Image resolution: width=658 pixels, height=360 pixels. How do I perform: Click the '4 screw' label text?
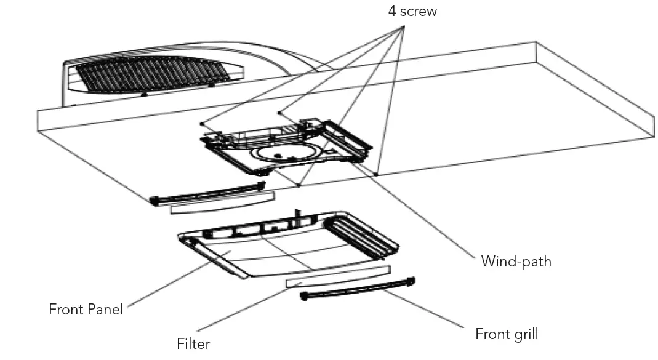[x=412, y=11]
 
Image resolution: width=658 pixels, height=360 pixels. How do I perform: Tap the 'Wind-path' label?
[x=516, y=261]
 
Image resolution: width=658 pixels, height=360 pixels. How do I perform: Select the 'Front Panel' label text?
[x=86, y=309]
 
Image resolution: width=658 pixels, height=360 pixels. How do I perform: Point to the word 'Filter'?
[x=193, y=343]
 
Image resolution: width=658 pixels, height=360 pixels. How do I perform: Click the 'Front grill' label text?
[x=506, y=334]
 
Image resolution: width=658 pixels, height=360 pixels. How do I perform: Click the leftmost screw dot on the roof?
[x=202, y=122]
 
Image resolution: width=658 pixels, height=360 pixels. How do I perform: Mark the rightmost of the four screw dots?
[x=376, y=174]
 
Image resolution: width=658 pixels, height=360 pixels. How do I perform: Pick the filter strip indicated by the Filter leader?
[x=338, y=276]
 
